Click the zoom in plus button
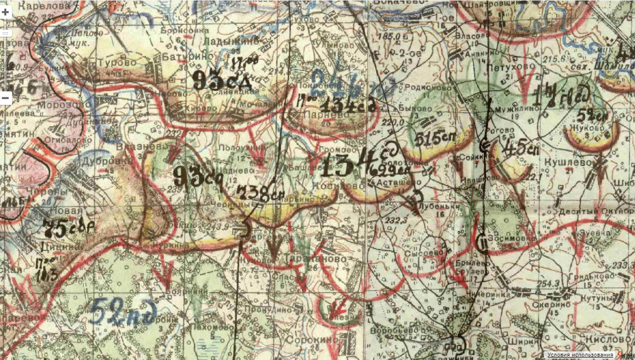[5, 12]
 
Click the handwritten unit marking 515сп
[433, 139]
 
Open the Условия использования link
[580, 355]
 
